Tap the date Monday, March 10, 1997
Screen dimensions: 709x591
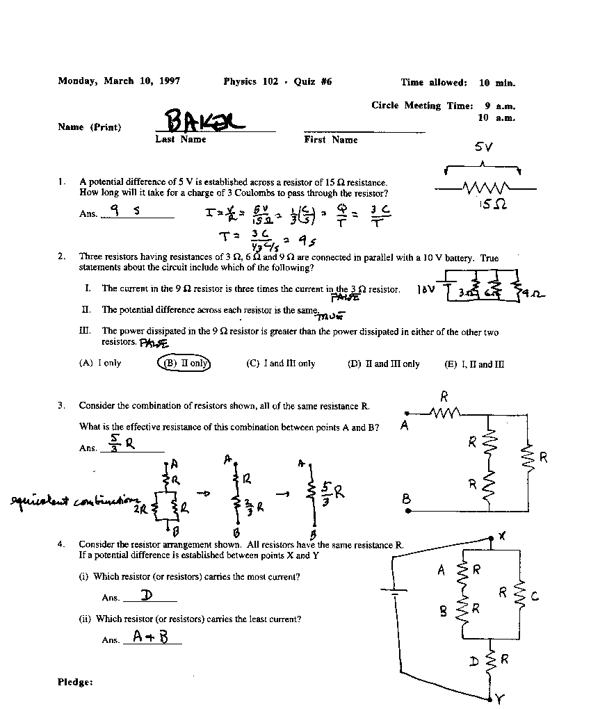click(x=119, y=81)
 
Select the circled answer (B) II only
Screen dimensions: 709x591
click(x=184, y=363)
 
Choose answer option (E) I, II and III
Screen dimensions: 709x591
click(x=474, y=364)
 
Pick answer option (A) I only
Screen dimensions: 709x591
click(x=100, y=363)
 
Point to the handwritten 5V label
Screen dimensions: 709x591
click(x=484, y=147)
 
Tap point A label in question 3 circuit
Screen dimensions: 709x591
click(x=405, y=425)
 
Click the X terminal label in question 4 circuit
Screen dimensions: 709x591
click(x=503, y=536)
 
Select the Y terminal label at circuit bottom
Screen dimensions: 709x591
click(x=499, y=699)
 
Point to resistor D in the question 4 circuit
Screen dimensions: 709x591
click(x=491, y=659)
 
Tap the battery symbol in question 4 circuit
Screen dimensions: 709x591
click(x=394, y=593)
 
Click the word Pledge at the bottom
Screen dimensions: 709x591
click(x=75, y=682)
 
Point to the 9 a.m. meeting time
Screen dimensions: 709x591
click(x=500, y=106)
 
